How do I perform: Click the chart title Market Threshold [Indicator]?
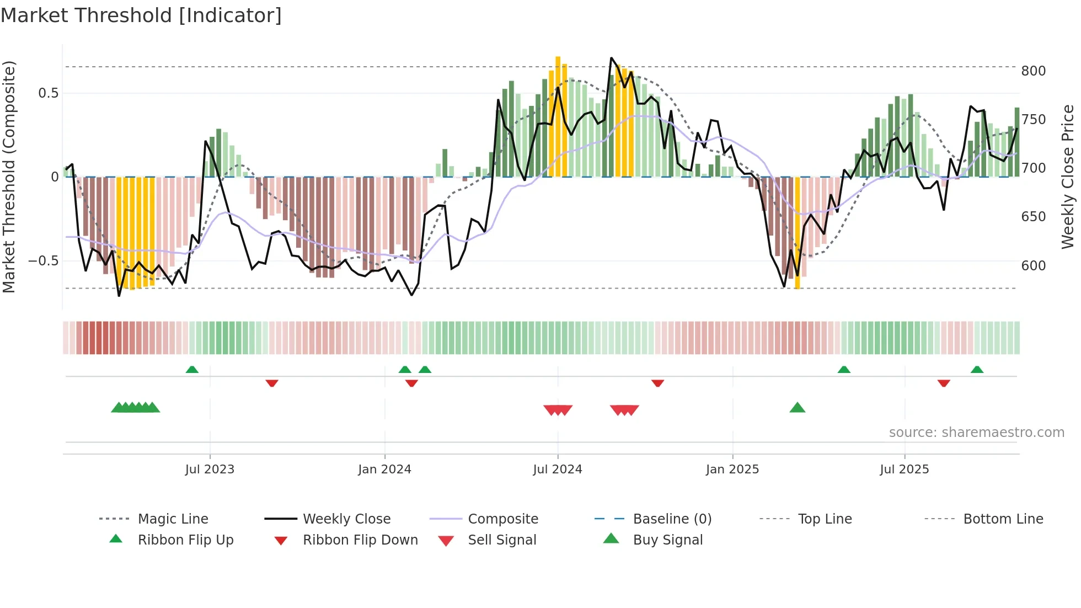click(x=141, y=15)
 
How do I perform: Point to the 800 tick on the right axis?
click(x=1033, y=71)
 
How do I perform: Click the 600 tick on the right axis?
click(x=1033, y=265)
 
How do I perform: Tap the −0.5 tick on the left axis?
click(x=44, y=260)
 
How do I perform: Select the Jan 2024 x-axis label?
click(x=384, y=470)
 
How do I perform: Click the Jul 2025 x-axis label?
click(x=904, y=470)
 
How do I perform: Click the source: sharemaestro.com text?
click(x=976, y=433)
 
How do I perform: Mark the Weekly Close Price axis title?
click(x=1068, y=177)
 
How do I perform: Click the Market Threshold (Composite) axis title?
click(x=9, y=177)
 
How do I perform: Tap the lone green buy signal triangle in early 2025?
click(x=798, y=408)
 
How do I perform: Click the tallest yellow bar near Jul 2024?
click(x=558, y=116)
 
